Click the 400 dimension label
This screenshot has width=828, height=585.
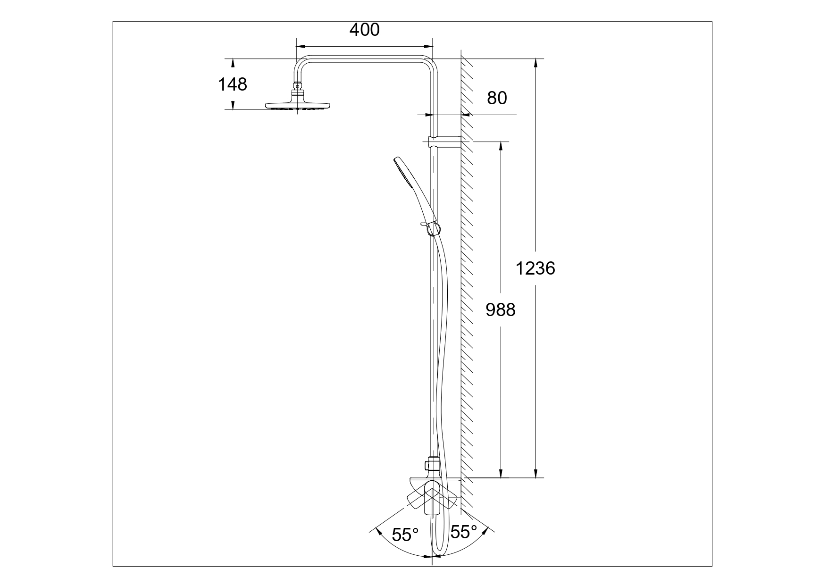coord(364,30)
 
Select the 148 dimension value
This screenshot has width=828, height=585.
coord(232,84)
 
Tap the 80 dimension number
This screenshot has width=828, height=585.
coord(497,98)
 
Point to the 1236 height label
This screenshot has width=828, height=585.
coord(535,268)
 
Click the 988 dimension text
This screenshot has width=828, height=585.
coord(501,310)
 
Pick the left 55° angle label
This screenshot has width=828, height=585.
coord(406,535)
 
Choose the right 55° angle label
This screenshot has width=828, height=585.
coord(464,532)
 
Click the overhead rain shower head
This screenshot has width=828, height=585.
coord(297,105)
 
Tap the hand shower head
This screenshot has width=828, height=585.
coord(414,189)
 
